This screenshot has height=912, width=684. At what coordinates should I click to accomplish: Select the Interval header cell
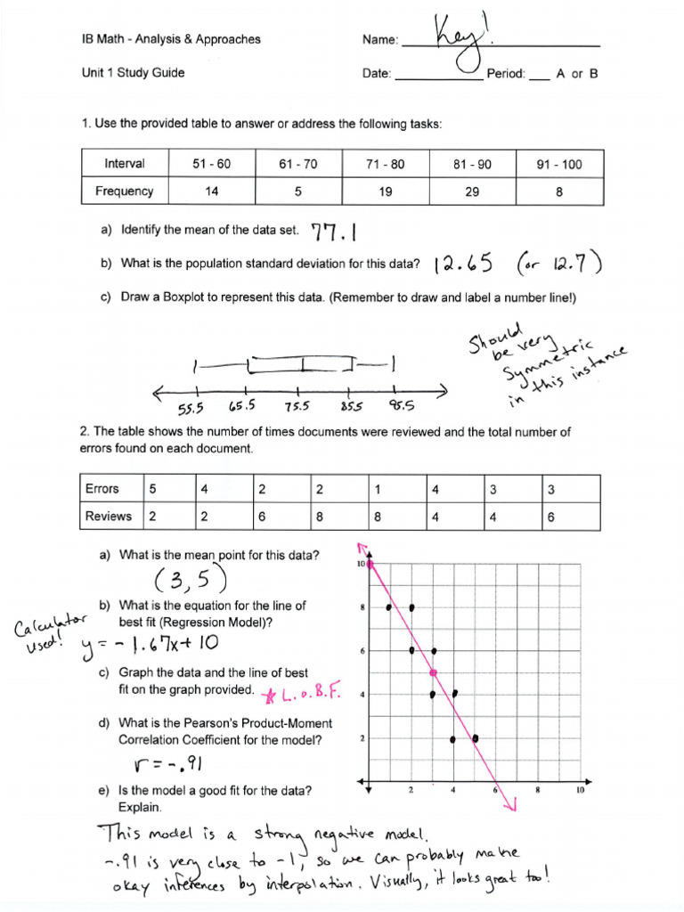point(124,164)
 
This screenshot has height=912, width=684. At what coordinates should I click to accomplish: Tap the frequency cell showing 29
point(472,191)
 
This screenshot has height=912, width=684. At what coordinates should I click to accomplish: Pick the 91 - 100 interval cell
point(558,164)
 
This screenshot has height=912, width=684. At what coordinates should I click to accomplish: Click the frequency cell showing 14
point(211,191)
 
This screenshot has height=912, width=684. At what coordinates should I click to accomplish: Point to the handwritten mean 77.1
point(334,232)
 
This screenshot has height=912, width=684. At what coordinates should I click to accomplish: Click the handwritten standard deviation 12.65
point(463,264)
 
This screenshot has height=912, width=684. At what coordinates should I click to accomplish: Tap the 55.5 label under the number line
point(191,409)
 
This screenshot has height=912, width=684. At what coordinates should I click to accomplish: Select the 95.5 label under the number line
point(401,407)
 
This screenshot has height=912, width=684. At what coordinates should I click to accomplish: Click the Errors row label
point(102,489)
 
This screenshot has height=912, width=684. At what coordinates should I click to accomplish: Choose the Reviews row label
point(108,516)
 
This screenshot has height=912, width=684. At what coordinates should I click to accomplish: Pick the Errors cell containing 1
point(379,489)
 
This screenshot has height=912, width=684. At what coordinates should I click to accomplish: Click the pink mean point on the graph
point(433,672)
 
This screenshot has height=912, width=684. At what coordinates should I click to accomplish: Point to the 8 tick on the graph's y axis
point(362,608)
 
